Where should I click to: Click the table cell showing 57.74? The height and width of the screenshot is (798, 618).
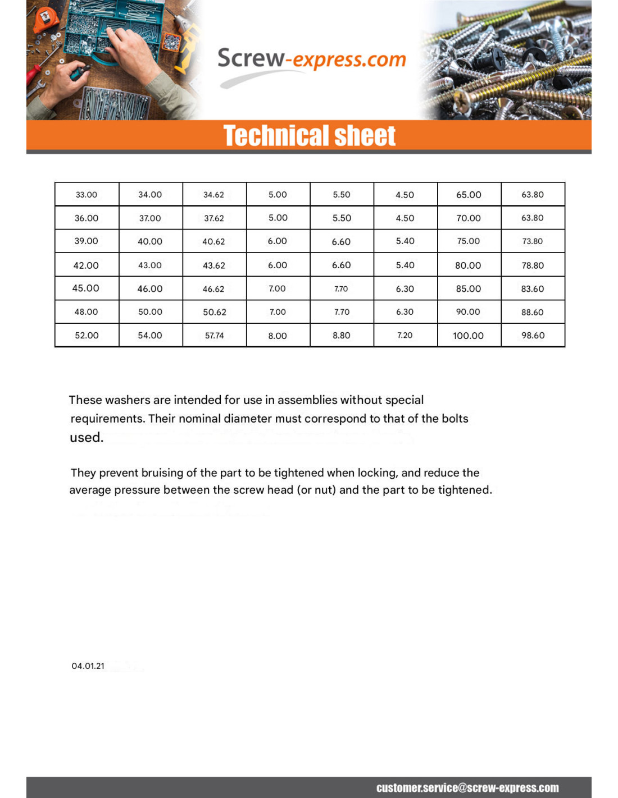coord(214,336)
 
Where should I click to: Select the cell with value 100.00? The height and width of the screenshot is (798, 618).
coord(468,336)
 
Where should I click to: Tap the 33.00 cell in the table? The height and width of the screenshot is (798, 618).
coord(87,195)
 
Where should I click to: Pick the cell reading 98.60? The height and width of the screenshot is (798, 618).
coord(533,336)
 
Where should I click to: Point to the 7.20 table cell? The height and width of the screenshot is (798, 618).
coord(405,336)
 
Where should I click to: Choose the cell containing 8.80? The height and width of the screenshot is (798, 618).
coord(341,336)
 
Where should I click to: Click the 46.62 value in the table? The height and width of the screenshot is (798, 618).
coord(213,289)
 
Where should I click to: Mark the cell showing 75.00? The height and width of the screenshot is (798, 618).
coord(468,241)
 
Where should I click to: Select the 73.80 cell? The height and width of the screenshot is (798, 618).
coord(533,241)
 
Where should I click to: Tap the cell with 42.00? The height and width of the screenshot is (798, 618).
coord(86,265)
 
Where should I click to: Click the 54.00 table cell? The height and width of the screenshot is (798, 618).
coord(150,336)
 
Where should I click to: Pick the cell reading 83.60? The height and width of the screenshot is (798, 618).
coord(533,289)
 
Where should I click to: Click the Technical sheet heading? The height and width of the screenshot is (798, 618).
coord(309,136)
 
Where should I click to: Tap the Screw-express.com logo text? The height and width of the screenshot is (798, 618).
coord(311,59)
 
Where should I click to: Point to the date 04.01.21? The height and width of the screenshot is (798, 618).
coord(88,666)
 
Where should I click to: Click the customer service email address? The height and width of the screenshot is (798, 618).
coord(467,788)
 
